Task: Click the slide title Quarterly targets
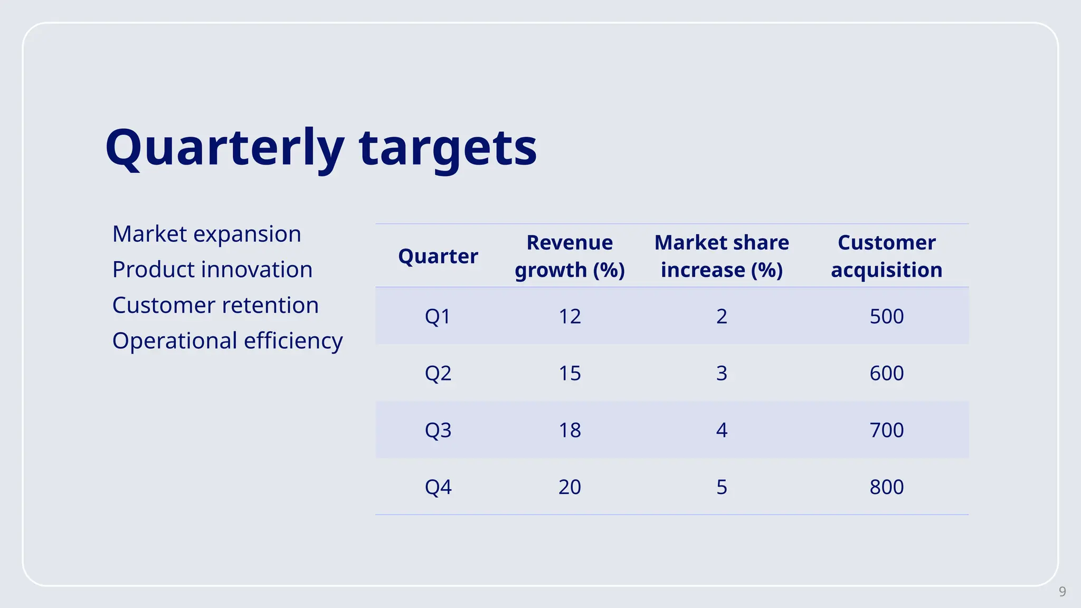tap(321, 148)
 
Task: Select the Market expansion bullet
tap(206, 234)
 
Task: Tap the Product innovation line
tap(212, 269)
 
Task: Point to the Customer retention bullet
tap(215, 305)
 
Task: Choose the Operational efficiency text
tap(227, 341)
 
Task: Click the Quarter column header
tap(438, 256)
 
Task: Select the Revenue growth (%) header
tap(570, 256)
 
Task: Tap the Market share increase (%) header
tap(722, 256)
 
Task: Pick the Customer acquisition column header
tap(886, 256)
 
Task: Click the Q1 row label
tap(438, 316)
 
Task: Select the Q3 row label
tap(438, 430)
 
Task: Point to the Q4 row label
tap(438, 487)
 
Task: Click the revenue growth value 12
tap(570, 316)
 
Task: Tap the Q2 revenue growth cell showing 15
tap(570, 373)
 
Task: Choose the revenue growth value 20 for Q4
tap(570, 487)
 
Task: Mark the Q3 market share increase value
tap(722, 430)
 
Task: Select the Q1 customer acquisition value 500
tap(886, 316)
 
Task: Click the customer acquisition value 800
tap(886, 487)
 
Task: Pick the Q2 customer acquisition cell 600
tap(886, 373)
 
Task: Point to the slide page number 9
tap(1063, 592)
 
